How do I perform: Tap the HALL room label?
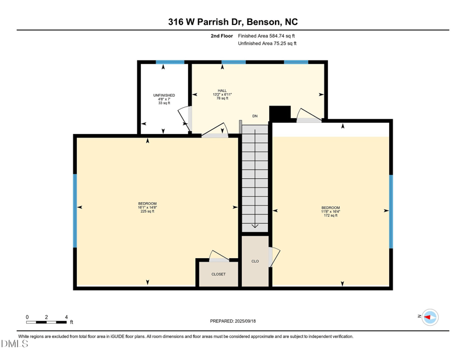[x=222, y=94]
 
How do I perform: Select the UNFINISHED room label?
[x=164, y=98]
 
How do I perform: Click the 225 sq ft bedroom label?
[x=147, y=207]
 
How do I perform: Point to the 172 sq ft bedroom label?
[x=330, y=211]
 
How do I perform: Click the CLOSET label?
[x=218, y=274]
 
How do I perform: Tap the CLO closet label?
[x=255, y=261]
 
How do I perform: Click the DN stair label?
[x=255, y=117]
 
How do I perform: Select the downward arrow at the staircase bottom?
[x=255, y=226]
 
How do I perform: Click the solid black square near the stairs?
[x=280, y=113]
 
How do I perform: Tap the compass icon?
[x=430, y=317]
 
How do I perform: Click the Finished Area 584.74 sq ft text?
[x=270, y=36]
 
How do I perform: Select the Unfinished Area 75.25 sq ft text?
[x=267, y=44]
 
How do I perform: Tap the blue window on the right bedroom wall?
[x=391, y=210]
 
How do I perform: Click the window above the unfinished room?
[x=170, y=62]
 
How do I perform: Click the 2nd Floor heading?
[x=221, y=36]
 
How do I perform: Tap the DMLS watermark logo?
[x=15, y=344]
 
